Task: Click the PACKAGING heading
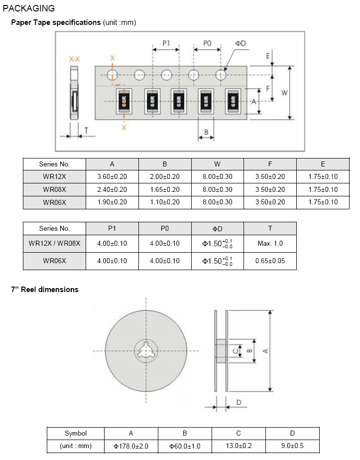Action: coord(29,8)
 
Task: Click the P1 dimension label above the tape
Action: coord(166,43)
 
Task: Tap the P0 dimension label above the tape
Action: coord(207,43)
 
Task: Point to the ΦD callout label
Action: coord(240,43)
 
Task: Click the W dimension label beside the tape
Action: coord(284,93)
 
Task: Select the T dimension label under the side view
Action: coord(86,131)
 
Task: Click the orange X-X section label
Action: coord(74,59)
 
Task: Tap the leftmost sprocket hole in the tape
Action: coord(112,75)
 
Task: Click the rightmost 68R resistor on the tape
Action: coord(233,101)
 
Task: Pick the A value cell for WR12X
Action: coord(112,176)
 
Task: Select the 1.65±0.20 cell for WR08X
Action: coord(165,189)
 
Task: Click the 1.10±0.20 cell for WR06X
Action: coord(165,202)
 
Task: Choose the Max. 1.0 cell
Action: coord(270,244)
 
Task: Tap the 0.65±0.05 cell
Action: coord(270,261)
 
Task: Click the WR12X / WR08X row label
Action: coord(55,244)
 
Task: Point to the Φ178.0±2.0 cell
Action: coord(131,446)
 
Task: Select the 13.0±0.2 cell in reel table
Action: coord(239,446)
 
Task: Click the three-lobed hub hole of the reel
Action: coord(146,350)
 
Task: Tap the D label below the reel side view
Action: coord(239,402)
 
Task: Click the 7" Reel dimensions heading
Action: coord(45,290)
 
